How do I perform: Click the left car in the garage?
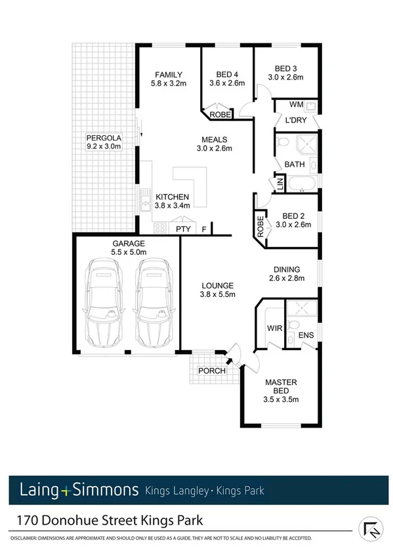[x=106, y=302]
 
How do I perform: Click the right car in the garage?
[x=152, y=302]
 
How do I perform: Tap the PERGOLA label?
[x=101, y=138]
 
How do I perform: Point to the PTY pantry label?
[x=181, y=229]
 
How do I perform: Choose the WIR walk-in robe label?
[x=274, y=327]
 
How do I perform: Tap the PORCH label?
[x=211, y=370]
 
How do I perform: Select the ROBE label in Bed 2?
[x=260, y=227]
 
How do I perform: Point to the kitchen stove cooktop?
[x=158, y=228]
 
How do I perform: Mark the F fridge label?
[x=204, y=229]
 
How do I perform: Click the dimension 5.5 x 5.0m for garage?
[x=129, y=252]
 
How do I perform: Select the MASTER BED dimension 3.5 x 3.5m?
[x=281, y=399]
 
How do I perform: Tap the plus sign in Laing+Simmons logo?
[x=65, y=490]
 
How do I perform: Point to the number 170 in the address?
[x=27, y=521]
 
